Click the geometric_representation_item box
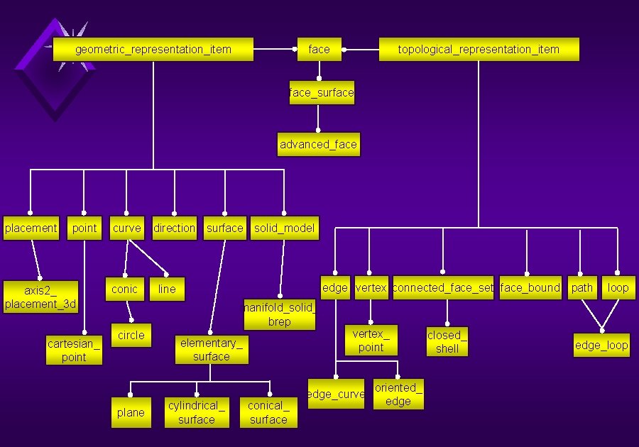click(x=153, y=50)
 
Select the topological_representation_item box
click(x=479, y=50)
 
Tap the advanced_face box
click(x=318, y=145)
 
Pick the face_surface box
click(x=322, y=93)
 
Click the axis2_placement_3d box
click(x=40, y=297)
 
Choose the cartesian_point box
click(x=74, y=351)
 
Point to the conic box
click(x=124, y=289)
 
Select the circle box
click(x=131, y=336)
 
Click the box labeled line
click(x=167, y=289)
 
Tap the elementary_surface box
click(x=212, y=350)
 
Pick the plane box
click(x=131, y=413)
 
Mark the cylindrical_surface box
click(x=197, y=413)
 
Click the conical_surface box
click(x=268, y=413)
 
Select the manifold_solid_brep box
click(x=280, y=315)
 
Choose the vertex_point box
click(x=371, y=341)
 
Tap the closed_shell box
click(x=447, y=342)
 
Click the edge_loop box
click(x=601, y=346)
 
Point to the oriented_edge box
click(x=398, y=394)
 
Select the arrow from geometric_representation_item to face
click(x=275, y=50)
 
